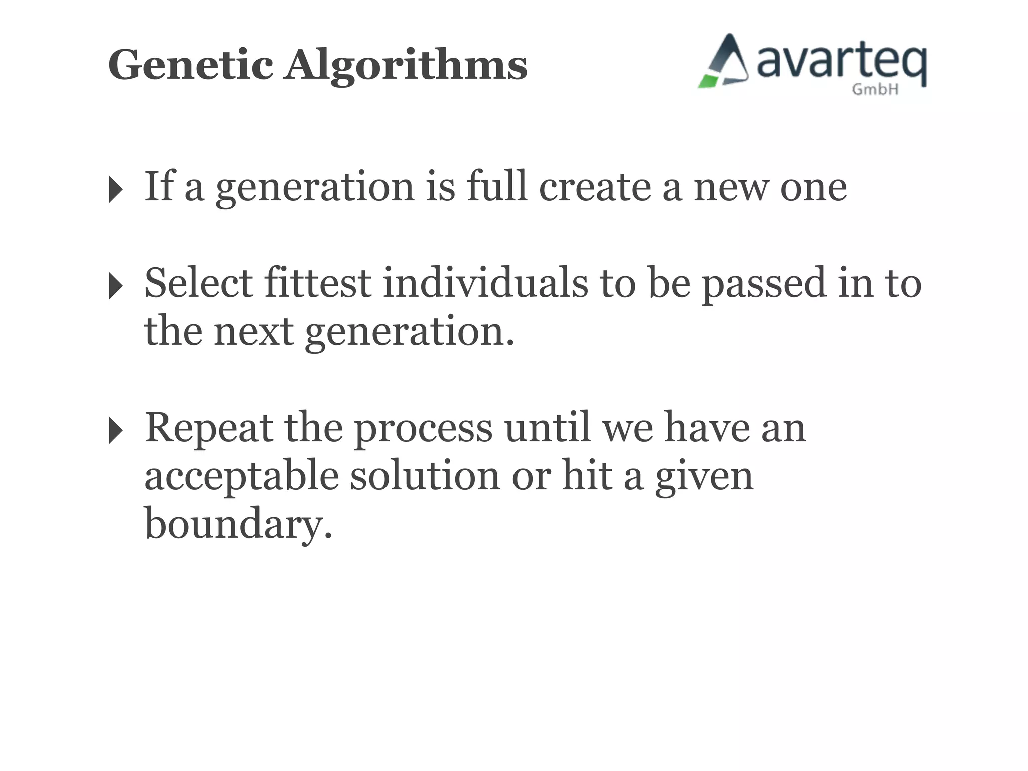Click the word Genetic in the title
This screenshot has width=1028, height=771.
[191, 65]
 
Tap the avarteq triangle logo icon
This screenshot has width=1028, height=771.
[724, 62]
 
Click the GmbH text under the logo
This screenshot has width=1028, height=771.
[875, 90]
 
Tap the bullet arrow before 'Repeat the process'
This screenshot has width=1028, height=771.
[115, 431]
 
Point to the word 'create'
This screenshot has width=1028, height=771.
[595, 187]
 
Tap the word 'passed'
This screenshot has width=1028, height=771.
[763, 284]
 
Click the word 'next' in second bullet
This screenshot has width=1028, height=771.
[254, 331]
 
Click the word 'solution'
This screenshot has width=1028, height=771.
[425, 475]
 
